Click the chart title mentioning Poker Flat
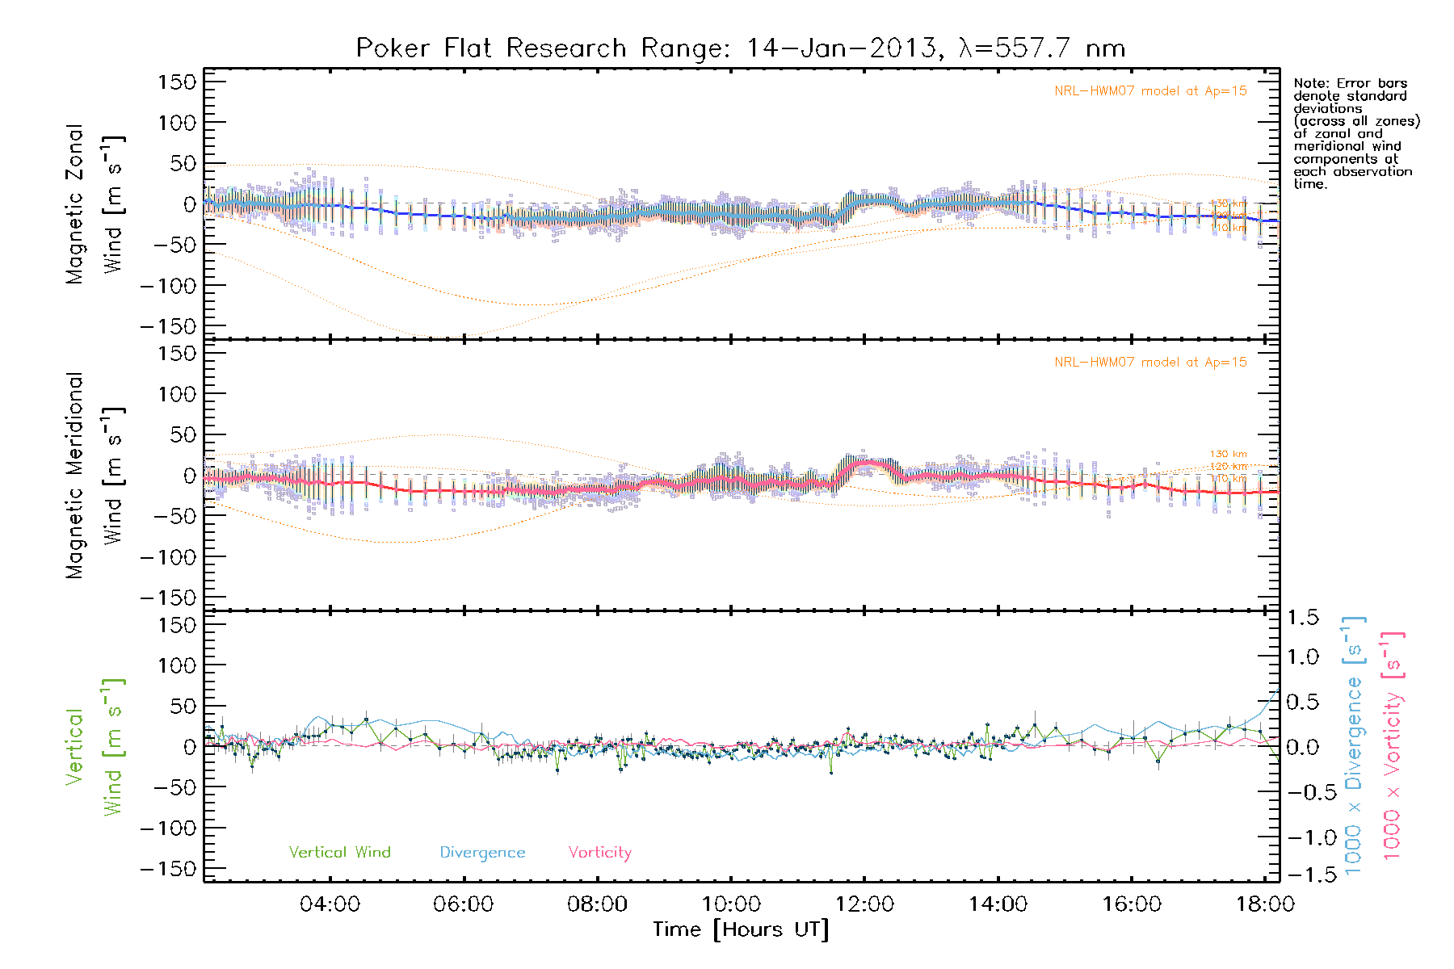coord(740,48)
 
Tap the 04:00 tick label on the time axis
coord(330,904)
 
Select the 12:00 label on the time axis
coord(864,904)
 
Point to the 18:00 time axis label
coord(1265,904)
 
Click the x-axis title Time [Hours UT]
coord(741,929)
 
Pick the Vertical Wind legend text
coord(339,852)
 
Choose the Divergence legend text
coord(482,852)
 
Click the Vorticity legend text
coord(599,852)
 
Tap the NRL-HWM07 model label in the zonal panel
coord(1150,90)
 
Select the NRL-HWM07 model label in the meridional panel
coord(1150,362)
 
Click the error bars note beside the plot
coord(1355,133)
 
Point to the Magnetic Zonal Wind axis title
coord(95,204)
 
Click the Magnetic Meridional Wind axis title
coord(95,476)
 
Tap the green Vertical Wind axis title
coord(95,747)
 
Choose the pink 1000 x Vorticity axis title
coord(1393,746)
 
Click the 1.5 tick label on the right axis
coord(1302,618)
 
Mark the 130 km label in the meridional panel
coord(1228,454)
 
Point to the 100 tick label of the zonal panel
coord(177,123)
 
